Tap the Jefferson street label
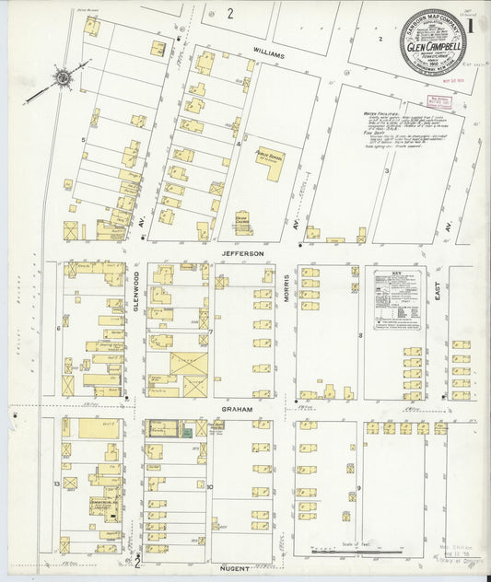[x=242, y=252]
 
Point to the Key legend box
[x=398, y=299]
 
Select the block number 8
[x=360, y=335]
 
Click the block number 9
[x=359, y=484]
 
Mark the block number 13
[x=56, y=483]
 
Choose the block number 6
[x=58, y=327]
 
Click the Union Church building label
[x=244, y=219]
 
